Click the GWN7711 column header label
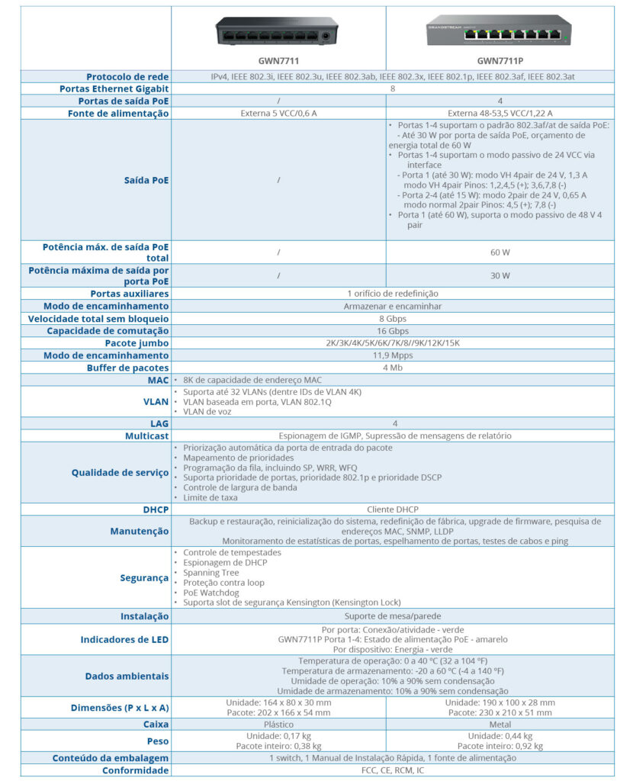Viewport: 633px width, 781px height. tap(278, 60)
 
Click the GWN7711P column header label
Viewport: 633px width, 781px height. tap(500, 60)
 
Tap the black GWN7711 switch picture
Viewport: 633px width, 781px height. tap(278, 31)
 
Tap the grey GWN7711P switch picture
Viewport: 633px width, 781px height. tap(500, 31)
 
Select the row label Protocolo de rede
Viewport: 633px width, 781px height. tap(127, 76)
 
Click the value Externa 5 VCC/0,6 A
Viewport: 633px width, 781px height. tap(278, 114)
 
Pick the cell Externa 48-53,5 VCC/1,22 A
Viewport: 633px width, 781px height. tap(500, 114)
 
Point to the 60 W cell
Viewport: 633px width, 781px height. tap(500, 251)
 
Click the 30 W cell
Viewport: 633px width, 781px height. tap(500, 275)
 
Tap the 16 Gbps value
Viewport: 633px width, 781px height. tap(392, 331)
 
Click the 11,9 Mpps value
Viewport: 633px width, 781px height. tap(392, 355)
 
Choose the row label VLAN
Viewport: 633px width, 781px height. tap(156, 401)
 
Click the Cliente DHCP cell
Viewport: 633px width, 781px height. tap(392, 509)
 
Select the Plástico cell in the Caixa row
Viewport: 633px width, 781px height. tap(278, 725)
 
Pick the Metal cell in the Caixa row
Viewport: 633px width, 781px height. tap(500, 725)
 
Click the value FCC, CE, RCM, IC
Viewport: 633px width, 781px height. tap(392, 770)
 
